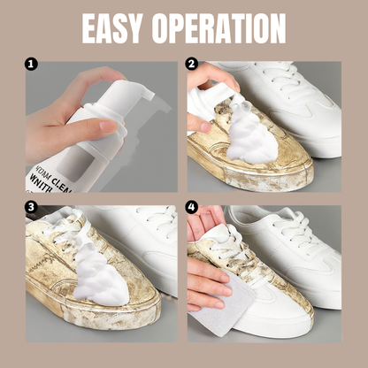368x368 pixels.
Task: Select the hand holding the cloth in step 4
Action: (x=205, y=283)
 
